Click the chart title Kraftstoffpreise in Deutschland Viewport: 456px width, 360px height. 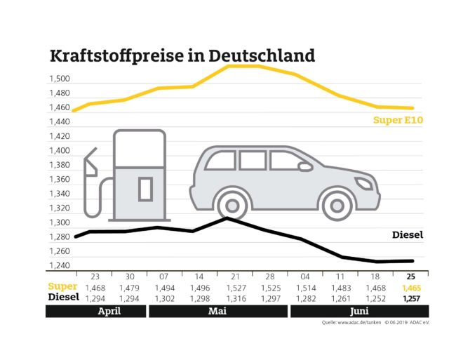(x=182, y=55)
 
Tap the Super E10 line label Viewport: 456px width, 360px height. (x=398, y=120)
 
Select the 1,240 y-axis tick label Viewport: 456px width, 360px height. (x=60, y=265)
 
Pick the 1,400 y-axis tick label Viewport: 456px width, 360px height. (x=60, y=151)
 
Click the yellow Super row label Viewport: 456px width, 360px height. (x=62, y=288)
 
